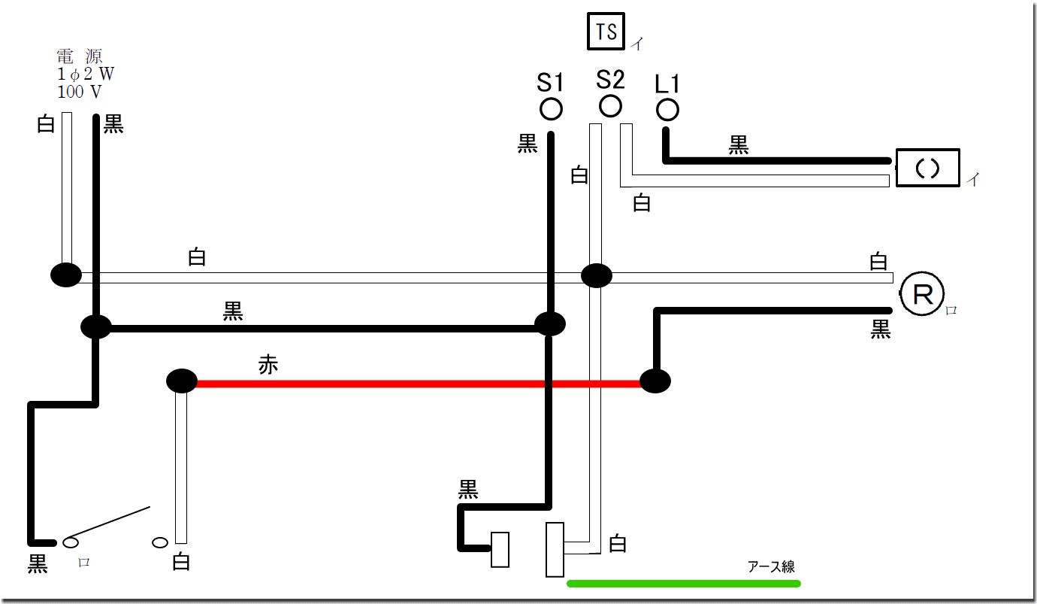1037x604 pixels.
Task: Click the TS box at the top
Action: pos(606,32)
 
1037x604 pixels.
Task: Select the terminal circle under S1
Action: pos(551,109)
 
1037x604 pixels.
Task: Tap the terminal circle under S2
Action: pos(610,105)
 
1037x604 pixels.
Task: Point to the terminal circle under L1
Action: pos(667,110)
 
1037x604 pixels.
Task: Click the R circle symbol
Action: pos(922,295)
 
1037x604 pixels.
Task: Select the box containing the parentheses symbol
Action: pos(928,168)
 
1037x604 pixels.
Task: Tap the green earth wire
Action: pos(684,583)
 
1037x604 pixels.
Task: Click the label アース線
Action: pos(771,567)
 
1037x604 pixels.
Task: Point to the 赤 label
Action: pos(268,366)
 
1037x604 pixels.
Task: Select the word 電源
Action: pos(80,56)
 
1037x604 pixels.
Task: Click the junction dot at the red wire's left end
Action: pos(181,381)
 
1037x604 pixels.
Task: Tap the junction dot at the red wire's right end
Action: pos(655,381)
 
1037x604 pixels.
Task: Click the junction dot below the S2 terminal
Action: pos(597,276)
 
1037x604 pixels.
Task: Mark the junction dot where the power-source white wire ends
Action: pos(66,275)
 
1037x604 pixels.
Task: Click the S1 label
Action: pos(550,83)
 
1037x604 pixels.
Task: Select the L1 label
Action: pos(667,83)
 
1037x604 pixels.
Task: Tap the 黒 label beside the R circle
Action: pos(881,329)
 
